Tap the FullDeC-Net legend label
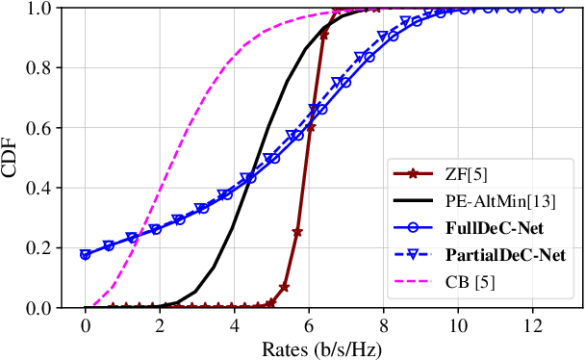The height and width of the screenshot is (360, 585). tap(489, 230)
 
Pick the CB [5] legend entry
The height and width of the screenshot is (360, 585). tap(469, 285)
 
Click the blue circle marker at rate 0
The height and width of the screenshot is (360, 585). tap(86, 255)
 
